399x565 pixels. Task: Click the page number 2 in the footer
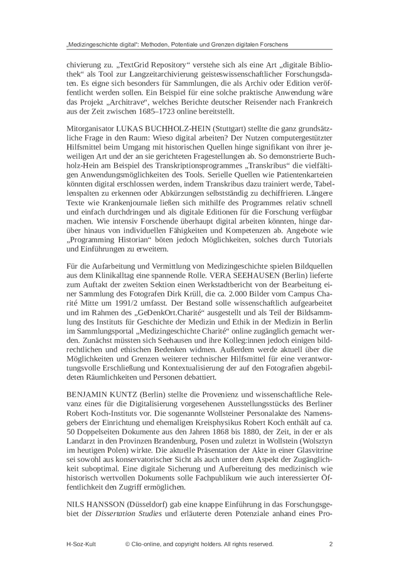[331, 544]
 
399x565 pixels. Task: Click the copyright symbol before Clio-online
[128, 544]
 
